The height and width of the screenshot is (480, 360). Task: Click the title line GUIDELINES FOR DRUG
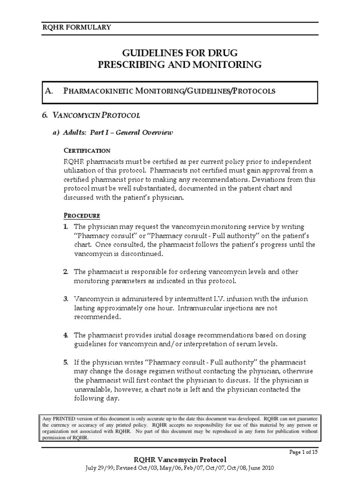pos(180,52)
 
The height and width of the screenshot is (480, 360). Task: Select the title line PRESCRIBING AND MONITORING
pos(180,65)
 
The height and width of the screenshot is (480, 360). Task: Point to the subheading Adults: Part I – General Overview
pos(112,133)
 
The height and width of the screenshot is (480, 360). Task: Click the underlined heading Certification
pos(87,150)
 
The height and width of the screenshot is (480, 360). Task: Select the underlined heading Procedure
pos(82,216)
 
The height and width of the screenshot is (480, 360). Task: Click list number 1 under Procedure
pos(66,226)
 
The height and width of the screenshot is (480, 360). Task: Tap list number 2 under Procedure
pos(66,272)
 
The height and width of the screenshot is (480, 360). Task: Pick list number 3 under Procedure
pos(66,299)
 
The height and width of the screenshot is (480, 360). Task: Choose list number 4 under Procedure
pos(66,335)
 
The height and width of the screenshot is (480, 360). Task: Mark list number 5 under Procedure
pos(66,362)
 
